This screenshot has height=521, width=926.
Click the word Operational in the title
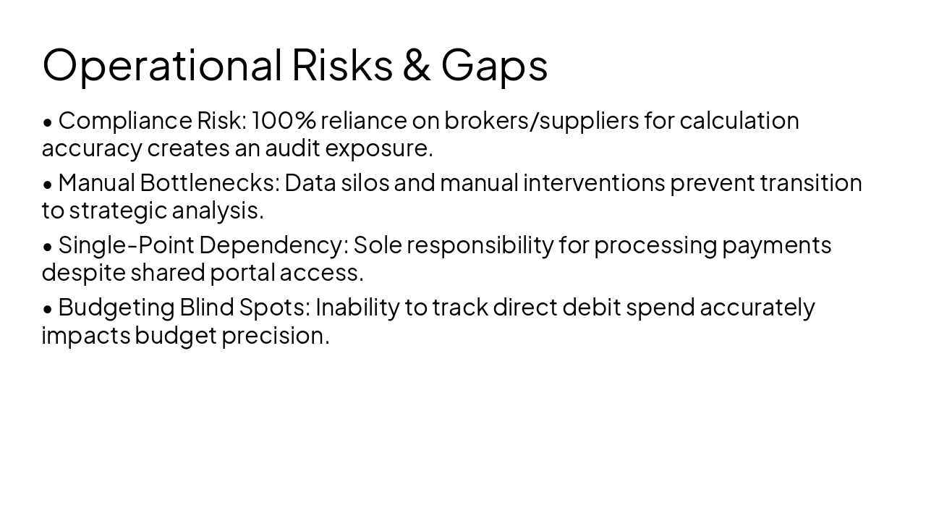click(162, 64)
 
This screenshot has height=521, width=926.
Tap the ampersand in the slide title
click(416, 64)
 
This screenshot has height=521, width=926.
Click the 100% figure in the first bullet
click(284, 120)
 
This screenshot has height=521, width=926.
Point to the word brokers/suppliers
click(541, 121)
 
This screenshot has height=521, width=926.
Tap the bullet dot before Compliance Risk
click(48, 122)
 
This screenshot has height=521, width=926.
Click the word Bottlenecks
click(209, 182)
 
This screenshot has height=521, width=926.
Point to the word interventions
click(593, 182)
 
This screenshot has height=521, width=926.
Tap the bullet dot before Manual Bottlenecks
click(48, 185)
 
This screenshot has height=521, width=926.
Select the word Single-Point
click(126, 245)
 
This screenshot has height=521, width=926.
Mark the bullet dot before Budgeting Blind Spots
click(48, 309)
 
